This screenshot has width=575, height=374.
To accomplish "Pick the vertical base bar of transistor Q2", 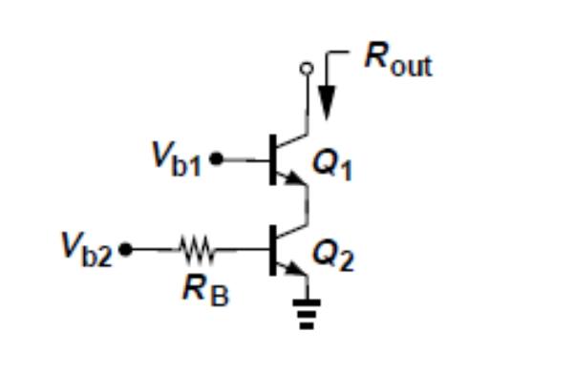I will [273, 252].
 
